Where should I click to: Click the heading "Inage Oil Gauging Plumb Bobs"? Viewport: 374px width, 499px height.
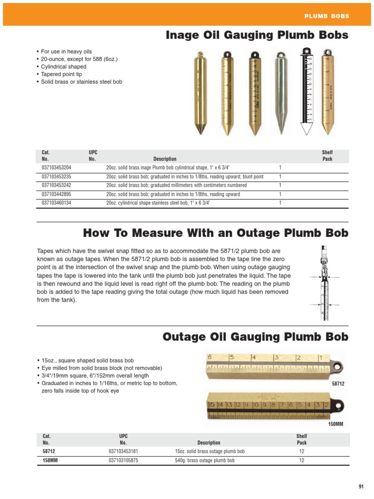point(257,35)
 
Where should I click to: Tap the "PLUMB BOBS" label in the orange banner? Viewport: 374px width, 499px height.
point(327,16)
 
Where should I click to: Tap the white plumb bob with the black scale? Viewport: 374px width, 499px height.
point(306,90)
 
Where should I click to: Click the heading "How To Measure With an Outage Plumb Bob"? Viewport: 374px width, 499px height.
point(216,233)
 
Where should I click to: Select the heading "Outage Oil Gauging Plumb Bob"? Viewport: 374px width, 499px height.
point(255,337)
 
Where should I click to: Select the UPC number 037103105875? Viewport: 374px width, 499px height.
point(123,460)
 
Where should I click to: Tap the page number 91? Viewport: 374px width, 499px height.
point(361,486)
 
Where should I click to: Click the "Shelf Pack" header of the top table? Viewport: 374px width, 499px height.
point(327,155)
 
